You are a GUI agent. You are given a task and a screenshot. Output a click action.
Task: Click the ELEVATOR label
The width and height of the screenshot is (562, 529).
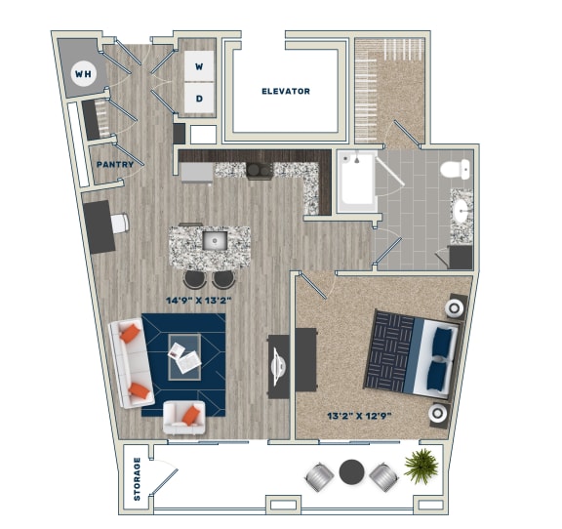285,92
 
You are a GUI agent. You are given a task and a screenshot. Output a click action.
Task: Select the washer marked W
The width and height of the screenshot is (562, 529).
200,67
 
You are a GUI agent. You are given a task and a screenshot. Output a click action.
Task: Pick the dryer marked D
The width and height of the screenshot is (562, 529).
200,98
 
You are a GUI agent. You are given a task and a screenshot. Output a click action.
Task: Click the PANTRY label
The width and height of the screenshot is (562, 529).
114,165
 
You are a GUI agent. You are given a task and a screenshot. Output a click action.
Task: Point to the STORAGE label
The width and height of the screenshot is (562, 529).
139,478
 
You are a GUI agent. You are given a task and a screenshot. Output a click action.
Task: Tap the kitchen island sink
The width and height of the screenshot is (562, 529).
214,240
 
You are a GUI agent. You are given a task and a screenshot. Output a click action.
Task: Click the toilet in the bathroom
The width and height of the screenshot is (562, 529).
454,170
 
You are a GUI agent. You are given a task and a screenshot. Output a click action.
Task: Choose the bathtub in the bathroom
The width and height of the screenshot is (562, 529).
357,182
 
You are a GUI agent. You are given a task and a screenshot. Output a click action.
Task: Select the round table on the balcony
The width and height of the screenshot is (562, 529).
351,473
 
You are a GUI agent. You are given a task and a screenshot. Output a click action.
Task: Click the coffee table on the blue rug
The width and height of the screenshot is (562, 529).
184,355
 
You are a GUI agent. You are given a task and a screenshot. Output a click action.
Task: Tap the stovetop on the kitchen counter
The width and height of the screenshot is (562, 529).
259,171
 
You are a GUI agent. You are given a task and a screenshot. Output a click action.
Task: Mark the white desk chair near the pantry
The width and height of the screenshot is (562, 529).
120,224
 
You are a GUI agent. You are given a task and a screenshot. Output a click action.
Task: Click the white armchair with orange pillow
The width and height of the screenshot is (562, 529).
183,417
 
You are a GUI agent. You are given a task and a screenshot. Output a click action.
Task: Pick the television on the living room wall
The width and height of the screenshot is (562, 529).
278,365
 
